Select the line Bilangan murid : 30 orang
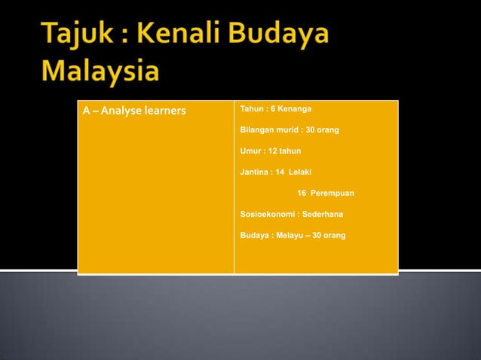289,130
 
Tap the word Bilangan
259,130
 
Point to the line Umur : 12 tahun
270,151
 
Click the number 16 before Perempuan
302,194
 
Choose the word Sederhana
323,215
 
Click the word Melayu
290,236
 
